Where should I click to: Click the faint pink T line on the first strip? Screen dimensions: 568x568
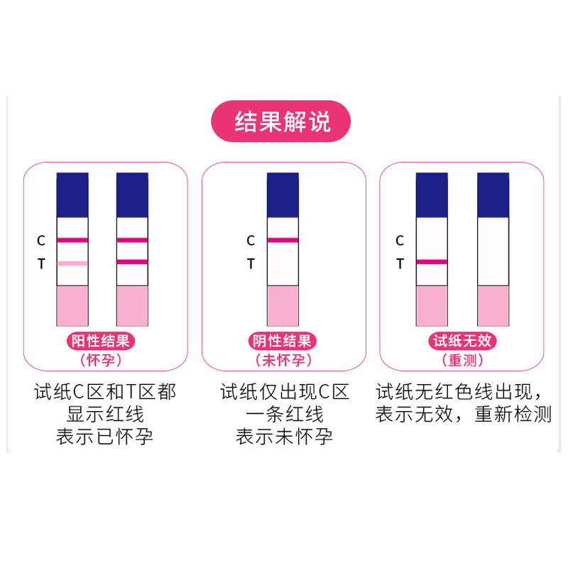click(x=72, y=263)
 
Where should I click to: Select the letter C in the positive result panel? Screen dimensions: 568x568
click(x=41, y=241)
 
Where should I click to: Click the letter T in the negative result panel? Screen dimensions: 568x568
click(x=251, y=264)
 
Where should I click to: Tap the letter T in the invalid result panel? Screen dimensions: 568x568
click(x=400, y=264)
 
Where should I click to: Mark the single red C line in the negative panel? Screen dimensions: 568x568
click(x=283, y=240)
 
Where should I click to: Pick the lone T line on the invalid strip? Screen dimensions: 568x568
click(x=432, y=262)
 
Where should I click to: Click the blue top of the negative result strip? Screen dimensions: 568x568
click(x=283, y=195)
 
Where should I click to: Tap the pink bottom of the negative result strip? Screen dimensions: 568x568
click(x=283, y=306)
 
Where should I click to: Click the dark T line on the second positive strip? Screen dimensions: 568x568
click(x=132, y=262)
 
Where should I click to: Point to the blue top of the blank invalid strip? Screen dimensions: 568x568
click(x=493, y=195)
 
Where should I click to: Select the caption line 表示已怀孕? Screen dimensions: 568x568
click(x=105, y=436)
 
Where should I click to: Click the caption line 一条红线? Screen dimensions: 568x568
click(x=284, y=414)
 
